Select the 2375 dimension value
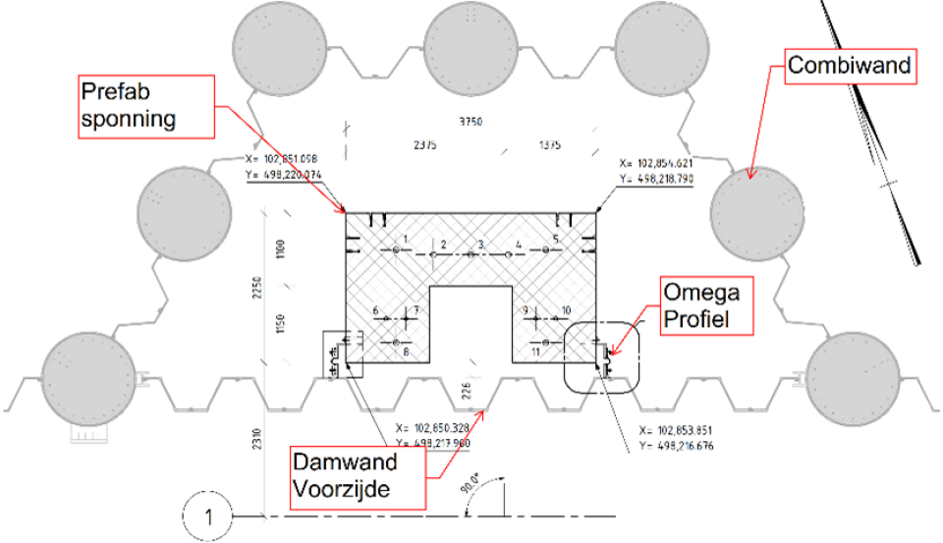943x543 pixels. pos(426,145)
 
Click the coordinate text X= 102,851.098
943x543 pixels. pos(282,158)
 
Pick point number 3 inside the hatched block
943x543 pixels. pos(471,253)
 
